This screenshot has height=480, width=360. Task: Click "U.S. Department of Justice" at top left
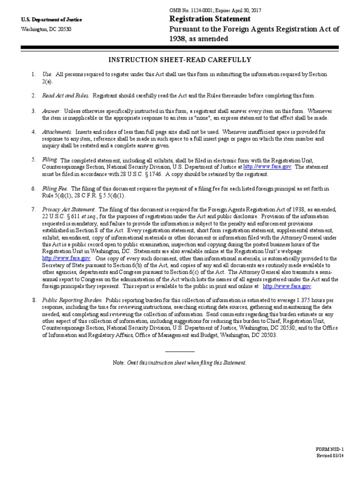point(52,20)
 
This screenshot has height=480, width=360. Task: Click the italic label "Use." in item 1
point(47,75)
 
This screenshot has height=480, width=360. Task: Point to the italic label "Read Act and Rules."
point(65,96)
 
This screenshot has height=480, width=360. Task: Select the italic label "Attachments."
point(57,132)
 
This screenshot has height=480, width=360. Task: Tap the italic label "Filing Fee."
point(55,188)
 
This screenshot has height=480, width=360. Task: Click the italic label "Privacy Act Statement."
point(69,209)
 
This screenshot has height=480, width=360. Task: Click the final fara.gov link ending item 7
point(287,286)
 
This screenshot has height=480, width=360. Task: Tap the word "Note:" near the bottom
point(119,363)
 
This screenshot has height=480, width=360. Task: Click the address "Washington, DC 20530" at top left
point(46,29)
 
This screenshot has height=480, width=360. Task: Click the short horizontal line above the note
point(180,352)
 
